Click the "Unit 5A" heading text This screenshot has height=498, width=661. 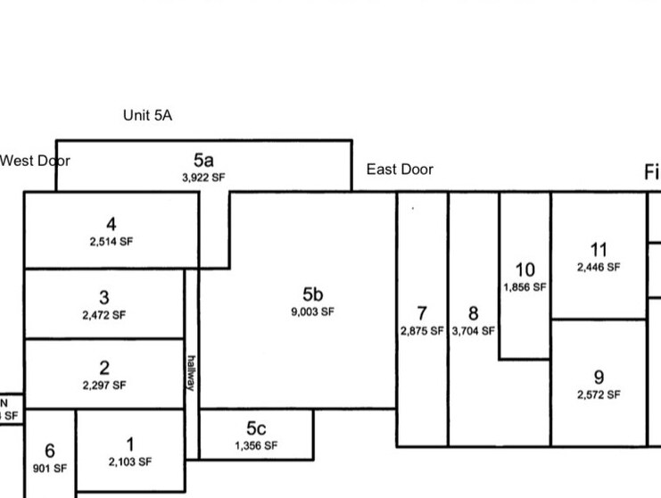[x=147, y=115]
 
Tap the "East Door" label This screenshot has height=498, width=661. [x=400, y=170]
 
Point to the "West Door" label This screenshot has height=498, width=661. [x=34, y=161]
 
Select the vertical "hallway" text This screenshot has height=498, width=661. [x=191, y=372]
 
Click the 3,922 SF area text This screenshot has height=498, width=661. [x=203, y=178]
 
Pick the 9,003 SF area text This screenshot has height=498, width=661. [x=312, y=312]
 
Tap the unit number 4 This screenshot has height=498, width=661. [x=111, y=225]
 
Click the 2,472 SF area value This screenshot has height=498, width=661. [x=104, y=315]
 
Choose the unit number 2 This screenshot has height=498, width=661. [x=104, y=368]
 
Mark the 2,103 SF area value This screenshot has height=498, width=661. [x=130, y=462]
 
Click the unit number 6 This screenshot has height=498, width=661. [x=50, y=452]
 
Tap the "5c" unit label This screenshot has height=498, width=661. [x=256, y=429]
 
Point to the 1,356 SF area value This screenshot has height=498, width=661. [x=256, y=445]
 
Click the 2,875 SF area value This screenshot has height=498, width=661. [x=422, y=330]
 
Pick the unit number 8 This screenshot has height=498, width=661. [x=473, y=313]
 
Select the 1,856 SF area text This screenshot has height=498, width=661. [x=525, y=287]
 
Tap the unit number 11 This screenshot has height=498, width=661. [x=599, y=250]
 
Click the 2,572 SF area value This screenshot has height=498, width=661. [x=599, y=394]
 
